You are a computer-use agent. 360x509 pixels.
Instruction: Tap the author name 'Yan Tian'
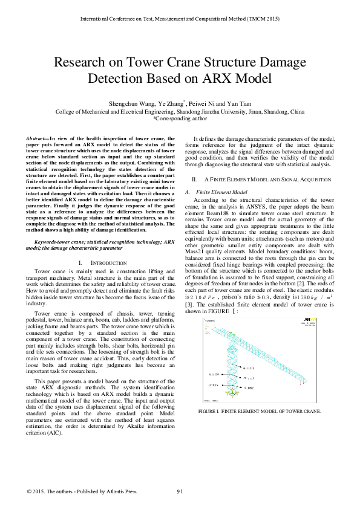pyautogui.click(x=240, y=103)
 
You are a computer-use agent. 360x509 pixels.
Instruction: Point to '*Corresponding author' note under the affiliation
pyautogui.click(x=180, y=119)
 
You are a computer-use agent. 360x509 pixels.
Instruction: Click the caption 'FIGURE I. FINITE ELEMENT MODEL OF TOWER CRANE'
pyautogui.click(x=260, y=411)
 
